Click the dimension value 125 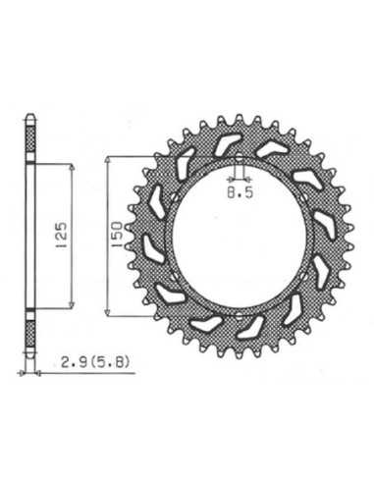click(x=61, y=237)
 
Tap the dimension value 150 click(x=117, y=235)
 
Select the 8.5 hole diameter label click(x=240, y=192)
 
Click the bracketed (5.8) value click(x=109, y=362)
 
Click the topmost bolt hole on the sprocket click(x=240, y=158)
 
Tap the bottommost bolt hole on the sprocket click(x=239, y=317)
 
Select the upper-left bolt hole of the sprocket click(x=175, y=197)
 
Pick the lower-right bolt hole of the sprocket click(x=304, y=277)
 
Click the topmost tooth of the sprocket click(x=240, y=118)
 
